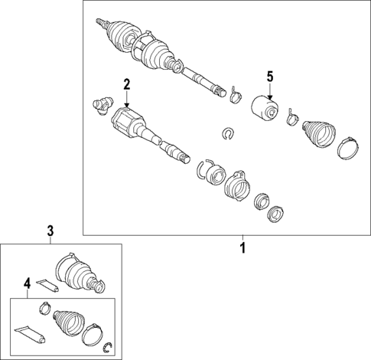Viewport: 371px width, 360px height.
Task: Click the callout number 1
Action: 243,247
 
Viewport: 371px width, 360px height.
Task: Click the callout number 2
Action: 127,84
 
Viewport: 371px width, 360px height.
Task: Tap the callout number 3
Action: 50,231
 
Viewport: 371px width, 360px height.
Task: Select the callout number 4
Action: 28,283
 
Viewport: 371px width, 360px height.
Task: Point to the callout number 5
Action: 270,77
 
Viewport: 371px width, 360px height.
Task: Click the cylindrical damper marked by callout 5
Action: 265,108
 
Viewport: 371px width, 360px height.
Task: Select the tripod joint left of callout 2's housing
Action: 102,106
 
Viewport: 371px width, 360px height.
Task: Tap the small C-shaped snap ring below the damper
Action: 228,134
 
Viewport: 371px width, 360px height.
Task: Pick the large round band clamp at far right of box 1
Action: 348,149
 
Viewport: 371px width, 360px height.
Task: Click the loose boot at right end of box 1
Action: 318,133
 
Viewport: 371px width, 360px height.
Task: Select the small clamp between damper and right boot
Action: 292,118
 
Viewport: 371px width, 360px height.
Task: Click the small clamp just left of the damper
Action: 236,96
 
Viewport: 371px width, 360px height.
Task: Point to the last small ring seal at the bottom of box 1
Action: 275,214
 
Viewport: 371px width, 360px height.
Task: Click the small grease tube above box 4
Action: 47,285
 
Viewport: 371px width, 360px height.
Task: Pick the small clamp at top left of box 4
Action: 45,308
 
